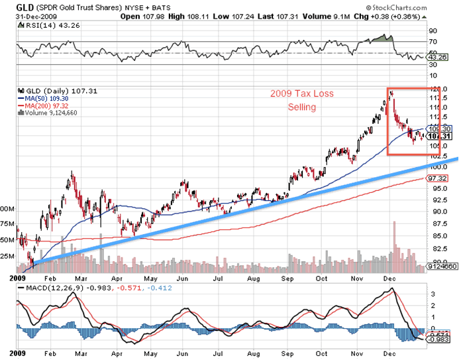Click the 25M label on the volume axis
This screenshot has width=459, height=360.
(9, 257)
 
